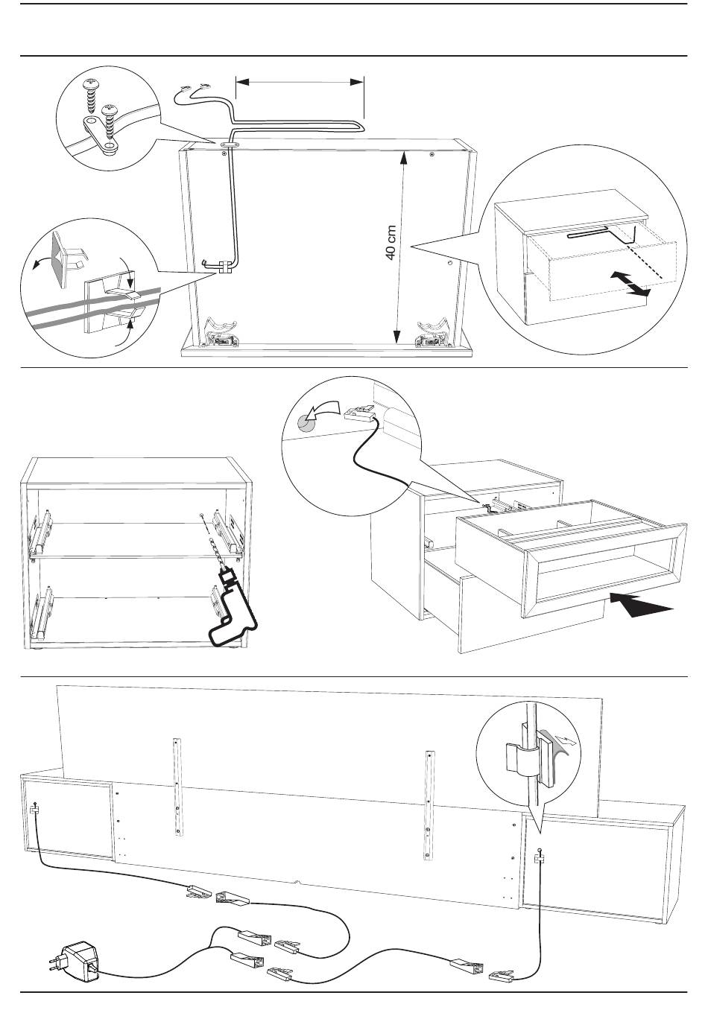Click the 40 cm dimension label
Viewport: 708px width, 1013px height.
pyautogui.click(x=390, y=243)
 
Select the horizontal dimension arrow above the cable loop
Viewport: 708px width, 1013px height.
pyautogui.click(x=300, y=82)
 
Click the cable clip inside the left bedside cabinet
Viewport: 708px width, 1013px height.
pyautogui.click(x=34, y=810)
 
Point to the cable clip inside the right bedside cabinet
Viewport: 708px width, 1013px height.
pyautogui.click(x=538, y=859)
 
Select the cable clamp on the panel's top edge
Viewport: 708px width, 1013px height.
pyautogui.click(x=229, y=139)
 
